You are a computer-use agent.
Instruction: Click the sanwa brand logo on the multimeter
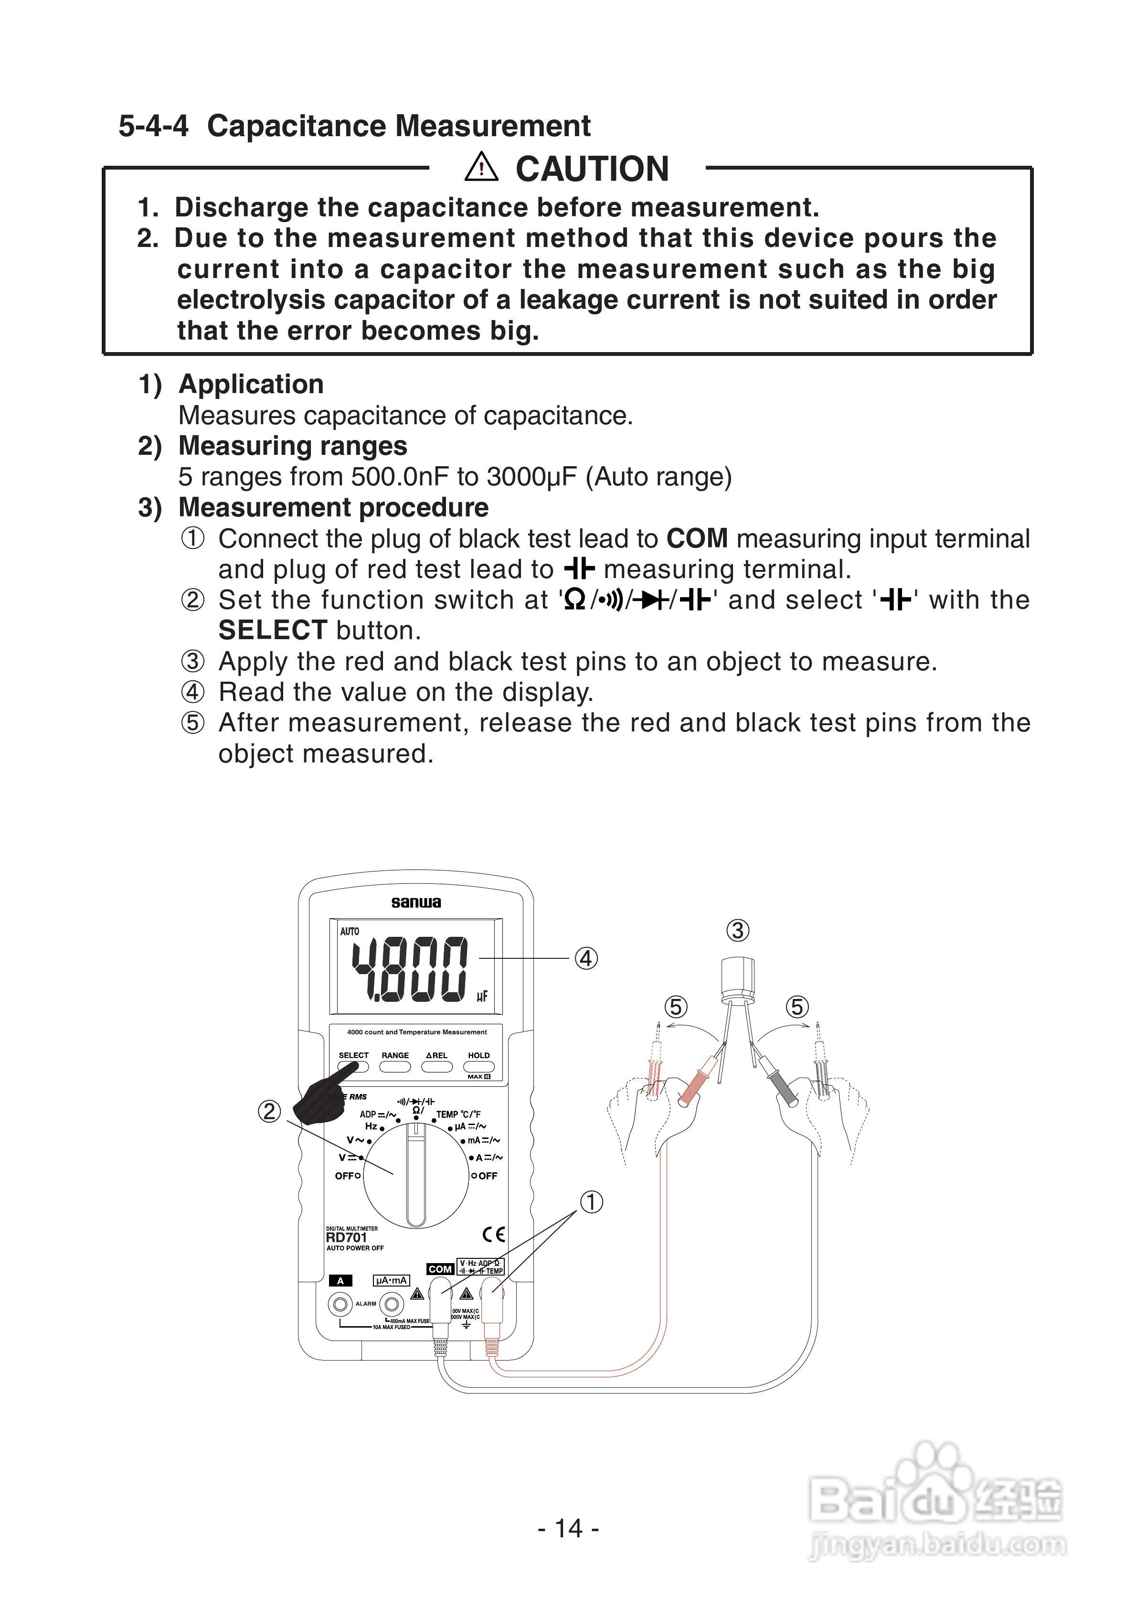coord(416,902)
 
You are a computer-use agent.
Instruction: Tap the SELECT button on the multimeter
coord(353,1067)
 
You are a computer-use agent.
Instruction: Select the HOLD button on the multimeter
coord(478,1067)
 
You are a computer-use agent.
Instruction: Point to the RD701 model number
coord(346,1238)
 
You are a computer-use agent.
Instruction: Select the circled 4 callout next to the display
coord(586,958)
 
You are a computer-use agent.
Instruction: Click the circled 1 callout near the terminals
coord(591,1202)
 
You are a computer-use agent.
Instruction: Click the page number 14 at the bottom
coord(568,1528)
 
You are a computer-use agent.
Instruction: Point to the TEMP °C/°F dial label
coord(458,1114)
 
